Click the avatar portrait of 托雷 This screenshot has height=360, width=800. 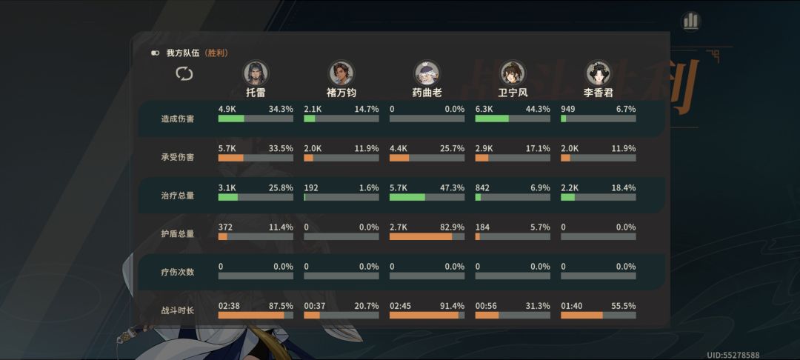pyautogui.click(x=256, y=73)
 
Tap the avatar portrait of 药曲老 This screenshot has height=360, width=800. pyautogui.click(x=427, y=73)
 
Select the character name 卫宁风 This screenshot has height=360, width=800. pyautogui.click(x=513, y=93)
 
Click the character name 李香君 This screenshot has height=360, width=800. pyautogui.click(x=599, y=93)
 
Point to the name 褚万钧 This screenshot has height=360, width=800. pyautogui.click(x=341, y=93)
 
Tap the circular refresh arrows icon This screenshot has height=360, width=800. pyautogui.click(x=184, y=74)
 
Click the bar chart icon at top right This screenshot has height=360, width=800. pyautogui.click(x=691, y=21)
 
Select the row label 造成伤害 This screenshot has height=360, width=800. pyautogui.click(x=178, y=119)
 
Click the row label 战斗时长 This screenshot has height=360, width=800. pyautogui.click(x=178, y=310)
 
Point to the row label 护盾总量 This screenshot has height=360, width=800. pyautogui.click(x=178, y=234)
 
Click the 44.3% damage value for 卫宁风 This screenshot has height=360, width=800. pyautogui.click(x=538, y=109)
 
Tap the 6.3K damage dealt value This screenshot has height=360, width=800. pyautogui.click(x=483, y=109)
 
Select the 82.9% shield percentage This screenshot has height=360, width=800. pyautogui.click(x=452, y=227)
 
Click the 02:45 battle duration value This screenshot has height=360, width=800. pyautogui.click(x=399, y=306)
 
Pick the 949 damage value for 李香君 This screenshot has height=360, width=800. pyautogui.click(x=568, y=109)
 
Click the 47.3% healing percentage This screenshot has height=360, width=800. pyautogui.click(x=452, y=187)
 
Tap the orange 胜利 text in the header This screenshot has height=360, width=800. pyautogui.click(x=216, y=53)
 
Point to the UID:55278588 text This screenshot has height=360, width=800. pyautogui.click(x=733, y=355)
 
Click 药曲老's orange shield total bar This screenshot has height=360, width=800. pyautogui.click(x=421, y=236)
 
